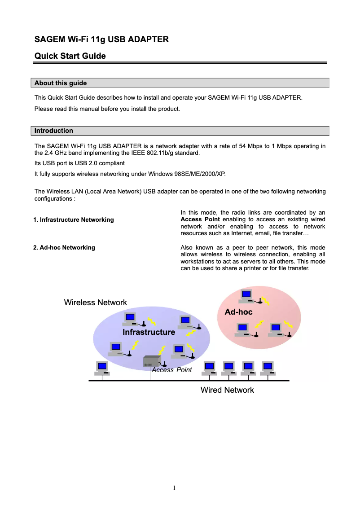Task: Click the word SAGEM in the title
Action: [x=50, y=39]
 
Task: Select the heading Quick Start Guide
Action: [x=70, y=56]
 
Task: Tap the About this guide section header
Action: [x=61, y=83]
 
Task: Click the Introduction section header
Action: [x=54, y=131]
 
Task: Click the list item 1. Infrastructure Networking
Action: [x=74, y=219]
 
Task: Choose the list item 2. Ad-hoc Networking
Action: [x=64, y=247]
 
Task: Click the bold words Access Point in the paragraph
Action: [x=200, y=219]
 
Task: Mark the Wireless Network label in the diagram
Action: [x=96, y=303]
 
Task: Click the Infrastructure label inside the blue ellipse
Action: [x=149, y=332]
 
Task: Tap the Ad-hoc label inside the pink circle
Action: [x=238, y=312]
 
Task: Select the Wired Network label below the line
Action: [x=227, y=390]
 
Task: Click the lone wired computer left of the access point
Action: [x=102, y=368]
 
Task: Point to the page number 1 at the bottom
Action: [x=174, y=487]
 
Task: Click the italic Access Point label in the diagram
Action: [x=171, y=370]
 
